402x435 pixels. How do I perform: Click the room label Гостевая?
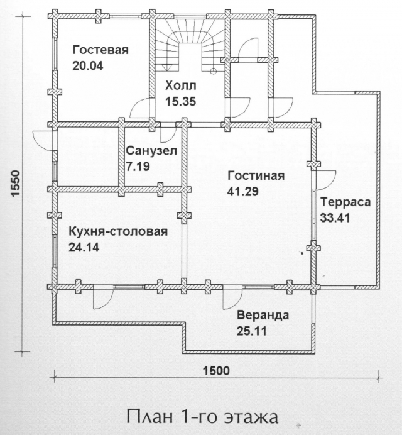point(100,50)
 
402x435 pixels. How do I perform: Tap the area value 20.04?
point(87,66)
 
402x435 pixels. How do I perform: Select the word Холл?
point(180,85)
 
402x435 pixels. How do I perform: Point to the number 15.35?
point(180,101)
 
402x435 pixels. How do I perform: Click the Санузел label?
point(151,151)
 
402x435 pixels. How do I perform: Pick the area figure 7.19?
point(138,167)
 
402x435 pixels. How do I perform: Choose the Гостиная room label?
point(256,176)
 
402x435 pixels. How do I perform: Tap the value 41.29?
point(242,192)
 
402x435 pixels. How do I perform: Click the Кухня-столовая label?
point(118,232)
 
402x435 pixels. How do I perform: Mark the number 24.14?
point(84,247)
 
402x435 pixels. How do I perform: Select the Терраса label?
point(345,202)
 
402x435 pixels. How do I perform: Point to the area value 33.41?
point(335,217)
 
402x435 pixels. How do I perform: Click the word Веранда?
point(263,316)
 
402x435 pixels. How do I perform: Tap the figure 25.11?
point(252,331)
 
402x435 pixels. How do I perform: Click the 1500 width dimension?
point(217,371)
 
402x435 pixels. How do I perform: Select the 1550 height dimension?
point(16,184)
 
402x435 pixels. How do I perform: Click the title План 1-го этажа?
point(202,417)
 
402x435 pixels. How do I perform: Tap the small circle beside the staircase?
point(213,71)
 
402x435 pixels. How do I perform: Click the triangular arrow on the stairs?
point(167,67)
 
